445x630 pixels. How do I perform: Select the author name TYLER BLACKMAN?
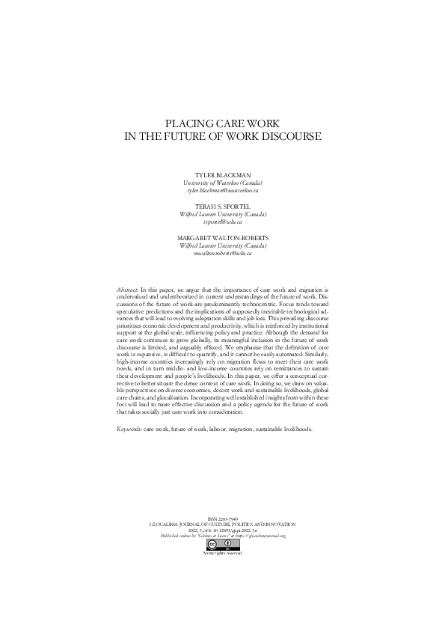coord(223,175)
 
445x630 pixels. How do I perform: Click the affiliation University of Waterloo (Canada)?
coord(223,183)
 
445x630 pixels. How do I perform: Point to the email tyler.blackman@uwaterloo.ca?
coord(223,190)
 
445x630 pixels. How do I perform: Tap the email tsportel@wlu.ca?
coord(223,221)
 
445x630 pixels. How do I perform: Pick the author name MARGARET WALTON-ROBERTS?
coord(223,238)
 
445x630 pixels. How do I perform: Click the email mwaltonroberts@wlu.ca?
coord(223,253)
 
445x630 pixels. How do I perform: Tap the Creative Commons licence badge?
coord(222,544)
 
